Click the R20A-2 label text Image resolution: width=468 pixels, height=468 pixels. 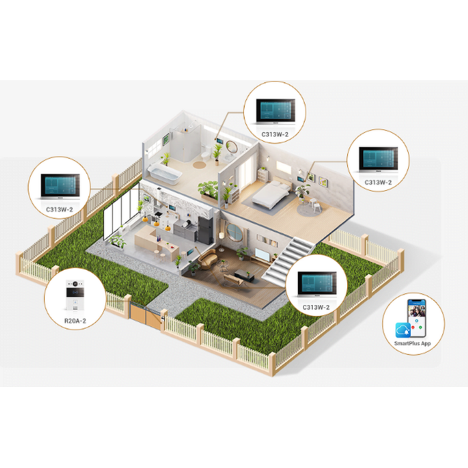75,321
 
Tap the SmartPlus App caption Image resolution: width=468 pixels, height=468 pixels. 413,343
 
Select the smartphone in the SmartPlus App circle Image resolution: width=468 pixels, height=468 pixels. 417,318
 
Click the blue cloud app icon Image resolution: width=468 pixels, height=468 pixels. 403,330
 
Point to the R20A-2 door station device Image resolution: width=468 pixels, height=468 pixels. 75,296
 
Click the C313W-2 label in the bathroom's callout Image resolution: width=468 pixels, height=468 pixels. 275,134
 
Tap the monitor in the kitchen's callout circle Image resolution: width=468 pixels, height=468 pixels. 60,187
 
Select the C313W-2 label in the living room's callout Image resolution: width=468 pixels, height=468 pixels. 316,307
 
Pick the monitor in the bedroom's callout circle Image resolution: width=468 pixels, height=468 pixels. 378,160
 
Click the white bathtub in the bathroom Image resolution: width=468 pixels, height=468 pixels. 164,173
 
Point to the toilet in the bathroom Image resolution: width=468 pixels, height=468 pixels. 206,153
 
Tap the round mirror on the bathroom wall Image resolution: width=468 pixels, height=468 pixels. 232,147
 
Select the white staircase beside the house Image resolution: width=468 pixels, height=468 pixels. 288,259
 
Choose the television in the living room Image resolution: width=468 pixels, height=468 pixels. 262,254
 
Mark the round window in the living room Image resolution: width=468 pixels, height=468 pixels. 235,231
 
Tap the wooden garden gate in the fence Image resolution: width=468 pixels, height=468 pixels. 146,316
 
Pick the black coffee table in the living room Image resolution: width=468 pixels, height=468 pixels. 244,275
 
